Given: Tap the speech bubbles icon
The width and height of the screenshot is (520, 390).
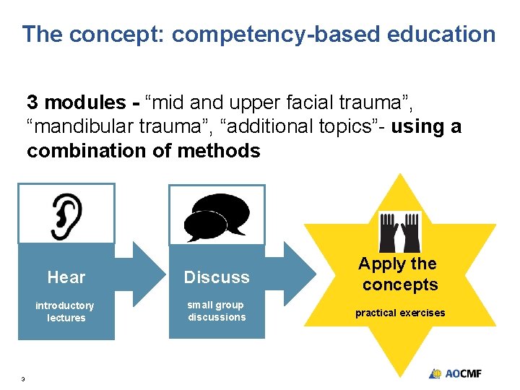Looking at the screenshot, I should (217, 217).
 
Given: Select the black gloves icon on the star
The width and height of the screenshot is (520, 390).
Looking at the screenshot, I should (399, 231).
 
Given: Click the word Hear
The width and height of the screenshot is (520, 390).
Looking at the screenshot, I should (66, 277).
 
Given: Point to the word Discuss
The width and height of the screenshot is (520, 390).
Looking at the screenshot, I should (217, 277).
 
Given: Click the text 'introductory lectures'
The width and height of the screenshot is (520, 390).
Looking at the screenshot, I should (65, 311).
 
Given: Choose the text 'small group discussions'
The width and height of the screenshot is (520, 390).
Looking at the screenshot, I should (217, 311).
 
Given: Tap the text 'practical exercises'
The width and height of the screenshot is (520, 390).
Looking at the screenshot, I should (399, 313).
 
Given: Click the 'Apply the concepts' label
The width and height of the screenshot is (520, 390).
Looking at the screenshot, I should (399, 274).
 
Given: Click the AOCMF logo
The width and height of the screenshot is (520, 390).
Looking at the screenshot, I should (455, 373).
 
